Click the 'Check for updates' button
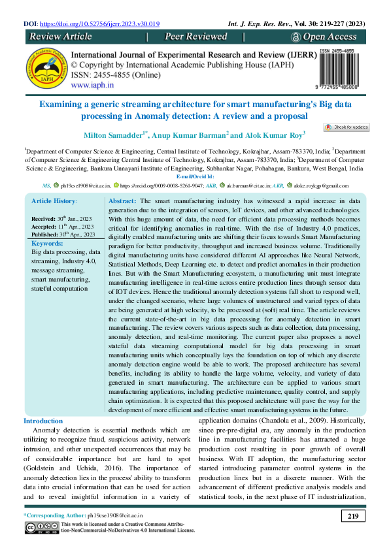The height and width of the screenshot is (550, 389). [x=347, y=127]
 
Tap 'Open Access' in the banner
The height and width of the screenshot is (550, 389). [x=329, y=37]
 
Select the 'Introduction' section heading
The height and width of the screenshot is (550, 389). [x=43, y=421]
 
